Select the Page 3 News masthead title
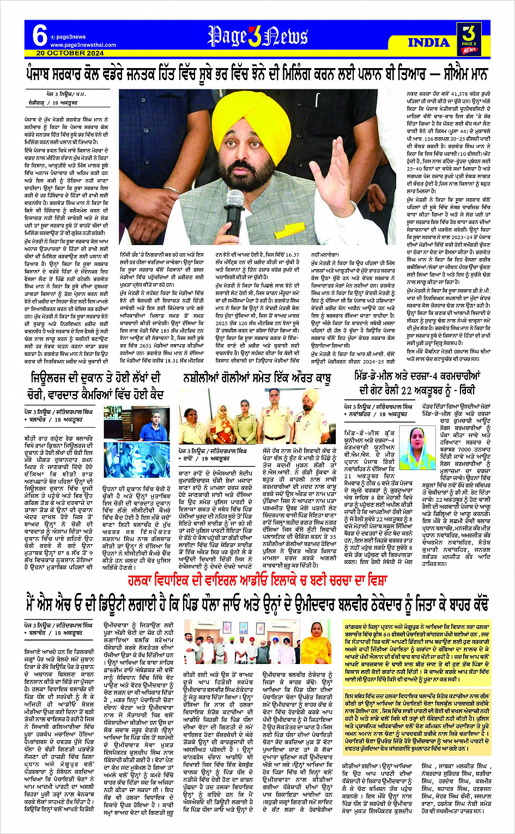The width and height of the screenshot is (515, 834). pos(257,36)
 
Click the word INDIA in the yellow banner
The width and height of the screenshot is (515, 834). pos(429,42)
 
